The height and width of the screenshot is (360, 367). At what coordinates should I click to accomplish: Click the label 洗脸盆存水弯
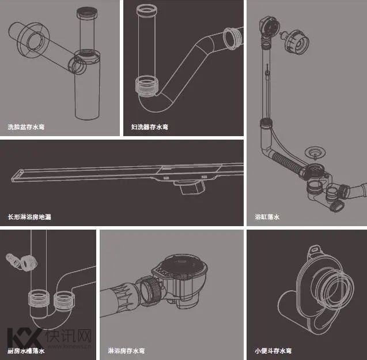point(26,127)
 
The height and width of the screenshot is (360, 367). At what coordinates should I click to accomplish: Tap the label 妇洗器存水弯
point(150,127)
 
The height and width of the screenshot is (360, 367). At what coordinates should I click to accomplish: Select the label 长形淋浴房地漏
point(29,217)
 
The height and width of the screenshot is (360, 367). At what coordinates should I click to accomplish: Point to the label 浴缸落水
point(267,217)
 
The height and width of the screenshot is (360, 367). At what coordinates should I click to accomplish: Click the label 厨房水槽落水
point(26,351)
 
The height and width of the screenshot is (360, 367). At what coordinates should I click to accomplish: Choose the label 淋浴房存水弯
point(126,351)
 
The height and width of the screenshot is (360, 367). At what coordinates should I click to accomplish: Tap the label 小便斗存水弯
point(273,351)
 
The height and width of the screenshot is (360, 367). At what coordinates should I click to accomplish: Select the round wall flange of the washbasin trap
point(33,40)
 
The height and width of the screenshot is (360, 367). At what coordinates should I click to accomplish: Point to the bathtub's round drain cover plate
point(315,152)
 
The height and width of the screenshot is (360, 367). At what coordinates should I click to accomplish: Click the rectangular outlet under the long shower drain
point(190,187)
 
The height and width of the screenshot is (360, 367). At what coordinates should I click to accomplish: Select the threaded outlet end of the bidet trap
point(232,39)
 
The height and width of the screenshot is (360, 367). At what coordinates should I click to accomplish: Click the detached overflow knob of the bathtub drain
point(296,42)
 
